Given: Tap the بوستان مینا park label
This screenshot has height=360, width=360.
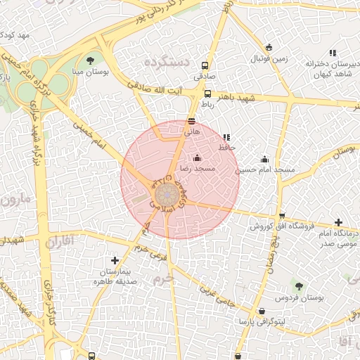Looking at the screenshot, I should point(89,71).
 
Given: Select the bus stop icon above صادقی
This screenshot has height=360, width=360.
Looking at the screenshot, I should point(205,62).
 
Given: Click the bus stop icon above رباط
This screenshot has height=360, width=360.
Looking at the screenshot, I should point(207,94).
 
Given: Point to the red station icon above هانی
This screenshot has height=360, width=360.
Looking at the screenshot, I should point(192,121).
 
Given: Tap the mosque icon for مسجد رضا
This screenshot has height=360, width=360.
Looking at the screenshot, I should point(196,157).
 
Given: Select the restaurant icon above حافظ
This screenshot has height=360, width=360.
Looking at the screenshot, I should point(226,137).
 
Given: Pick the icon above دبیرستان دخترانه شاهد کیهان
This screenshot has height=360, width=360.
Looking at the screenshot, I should point(333,53).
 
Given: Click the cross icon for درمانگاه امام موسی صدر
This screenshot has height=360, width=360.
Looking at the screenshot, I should point(339,222).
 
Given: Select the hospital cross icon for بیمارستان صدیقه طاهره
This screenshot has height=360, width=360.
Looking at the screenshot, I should point(115,260).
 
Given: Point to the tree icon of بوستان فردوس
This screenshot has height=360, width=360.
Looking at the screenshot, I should point(299,286).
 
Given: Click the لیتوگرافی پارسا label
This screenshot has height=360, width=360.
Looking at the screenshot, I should point(262,321).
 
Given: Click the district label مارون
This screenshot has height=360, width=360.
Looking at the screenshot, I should point(15,199).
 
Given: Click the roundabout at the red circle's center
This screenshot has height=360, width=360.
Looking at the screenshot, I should point(167,193).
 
